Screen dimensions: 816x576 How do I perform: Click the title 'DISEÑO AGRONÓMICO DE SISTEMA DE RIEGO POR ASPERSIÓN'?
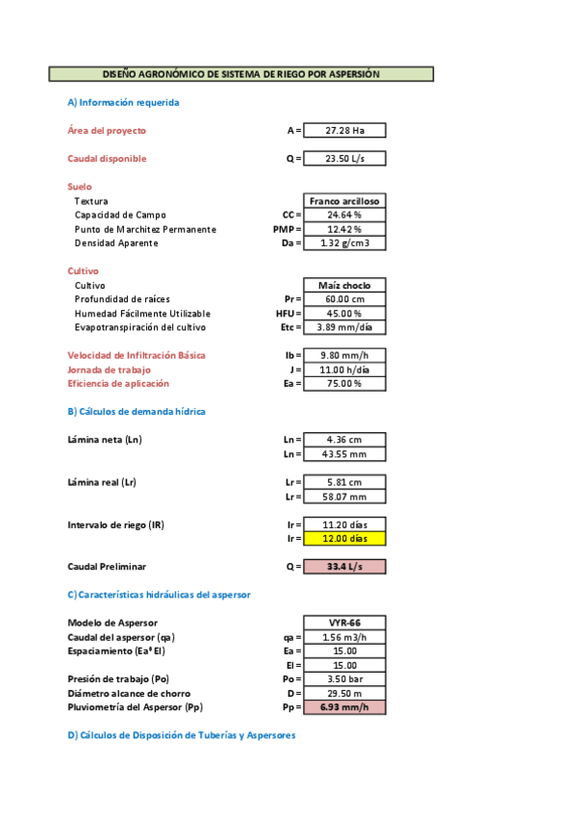pos(241,74)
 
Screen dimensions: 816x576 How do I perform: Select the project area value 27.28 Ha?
pos(344,131)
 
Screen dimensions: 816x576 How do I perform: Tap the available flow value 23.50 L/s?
pos(344,159)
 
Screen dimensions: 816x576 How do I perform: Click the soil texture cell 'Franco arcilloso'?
pos(344,201)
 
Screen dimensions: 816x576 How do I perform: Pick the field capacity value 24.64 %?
pos(344,215)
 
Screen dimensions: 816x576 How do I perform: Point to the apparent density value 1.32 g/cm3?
pos(344,243)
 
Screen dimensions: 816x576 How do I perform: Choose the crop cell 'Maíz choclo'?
pos(344,286)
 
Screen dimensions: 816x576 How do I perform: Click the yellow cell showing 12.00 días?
pos(344,539)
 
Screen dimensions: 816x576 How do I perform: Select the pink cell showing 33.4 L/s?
pos(344,567)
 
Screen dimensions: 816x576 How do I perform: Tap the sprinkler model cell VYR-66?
pos(344,623)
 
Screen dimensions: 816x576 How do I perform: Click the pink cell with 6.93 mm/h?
pos(344,707)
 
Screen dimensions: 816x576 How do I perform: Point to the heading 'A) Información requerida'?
pos(123,102)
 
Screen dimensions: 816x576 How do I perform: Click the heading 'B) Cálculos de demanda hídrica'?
pos(137,412)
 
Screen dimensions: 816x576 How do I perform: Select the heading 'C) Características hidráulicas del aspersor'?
pos(159,595)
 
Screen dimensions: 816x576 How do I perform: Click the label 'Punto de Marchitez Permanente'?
pos(145,229)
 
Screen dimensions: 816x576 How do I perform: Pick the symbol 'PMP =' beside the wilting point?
pos(288,229)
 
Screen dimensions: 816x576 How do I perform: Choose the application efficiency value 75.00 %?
pos(344,384)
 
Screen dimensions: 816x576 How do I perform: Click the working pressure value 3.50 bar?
pos(344,679)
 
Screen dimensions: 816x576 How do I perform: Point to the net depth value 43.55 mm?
pos(344,454)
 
